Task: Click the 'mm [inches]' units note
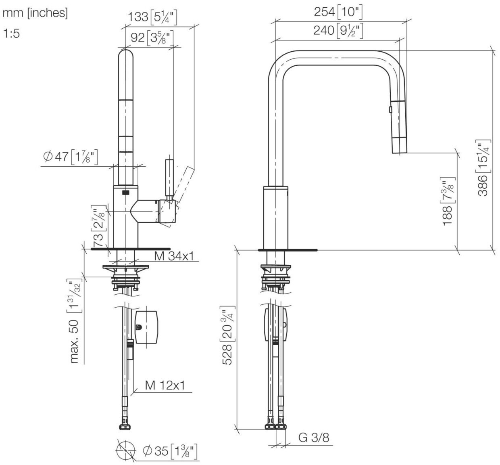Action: click(35, 13)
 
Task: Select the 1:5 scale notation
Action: click(12, 34)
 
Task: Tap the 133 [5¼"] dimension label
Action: click(153, 17)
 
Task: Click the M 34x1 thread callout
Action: click(174, 256)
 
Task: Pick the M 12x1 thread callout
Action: click(165, 385)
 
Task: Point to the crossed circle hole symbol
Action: click(125, 450)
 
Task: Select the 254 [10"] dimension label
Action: click(338, 12)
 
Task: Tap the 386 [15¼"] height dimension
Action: click(483, 168)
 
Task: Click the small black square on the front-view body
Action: click(126, 192)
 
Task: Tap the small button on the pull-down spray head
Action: click(390, 109)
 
